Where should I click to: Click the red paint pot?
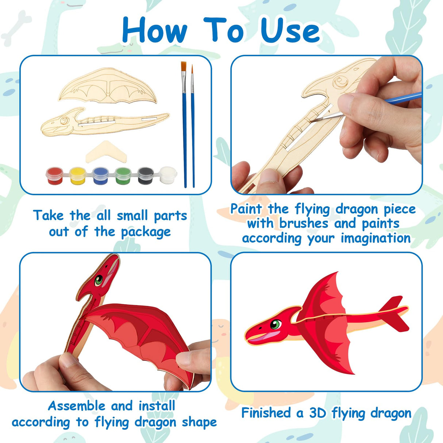[55, 176]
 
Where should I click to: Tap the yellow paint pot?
[77, 176]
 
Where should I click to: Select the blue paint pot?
[100, 176]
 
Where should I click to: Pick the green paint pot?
[123, 176]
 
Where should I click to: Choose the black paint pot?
[146, 176]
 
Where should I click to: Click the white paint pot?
[168, 175]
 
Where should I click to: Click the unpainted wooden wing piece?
[108, 87]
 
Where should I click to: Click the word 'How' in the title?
[155, 31]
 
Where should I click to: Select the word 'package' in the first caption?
[146, 232]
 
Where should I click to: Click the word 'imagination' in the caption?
[375, 238]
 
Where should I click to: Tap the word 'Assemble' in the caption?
[77, 406]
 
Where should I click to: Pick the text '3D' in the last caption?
[317, 413]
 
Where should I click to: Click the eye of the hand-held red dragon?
[99, 280]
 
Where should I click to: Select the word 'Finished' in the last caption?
[266, 413]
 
